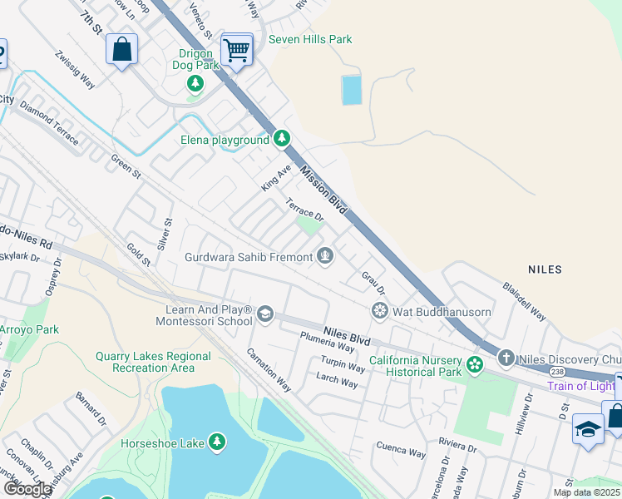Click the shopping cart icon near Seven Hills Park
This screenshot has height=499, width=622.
click(x=237, y=51)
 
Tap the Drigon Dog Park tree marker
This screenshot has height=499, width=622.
click(x=195, y=82)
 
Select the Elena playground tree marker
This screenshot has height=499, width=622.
click(x=282, y=138)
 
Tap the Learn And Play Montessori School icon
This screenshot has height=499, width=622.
click(x=265, y=314)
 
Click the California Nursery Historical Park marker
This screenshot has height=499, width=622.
click(x=474, y=364)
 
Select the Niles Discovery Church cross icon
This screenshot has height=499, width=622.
click(x=506, y=358)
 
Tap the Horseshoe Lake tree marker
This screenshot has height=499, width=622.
click(x=217, y=441)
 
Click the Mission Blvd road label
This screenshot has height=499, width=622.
click(x=323, y=190)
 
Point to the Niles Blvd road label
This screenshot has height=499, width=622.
click(x=347, y=335)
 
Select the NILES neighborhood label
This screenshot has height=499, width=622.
click(x=545, y=269)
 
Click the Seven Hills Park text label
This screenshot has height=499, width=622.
click(x=309, y=39)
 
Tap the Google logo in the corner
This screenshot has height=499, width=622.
click(x=27, y=489)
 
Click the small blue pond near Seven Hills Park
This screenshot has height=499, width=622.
click(x=352, y=90)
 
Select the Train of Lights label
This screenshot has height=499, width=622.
click(x=580, y=386)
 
